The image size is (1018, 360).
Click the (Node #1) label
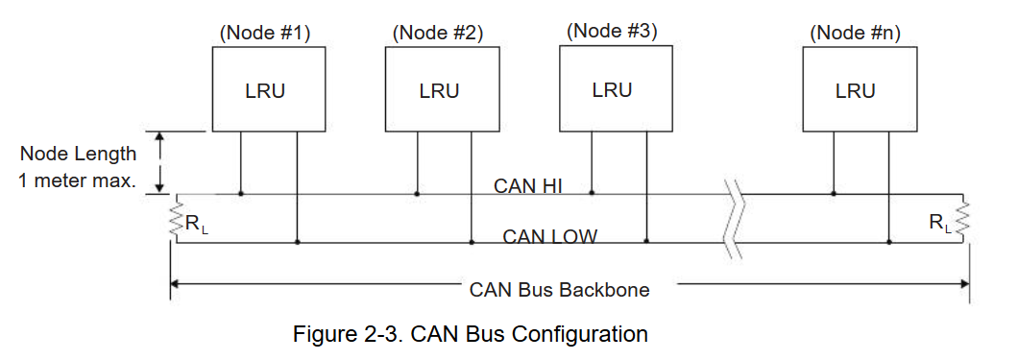(265, 33)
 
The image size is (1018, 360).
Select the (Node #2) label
(437, 33)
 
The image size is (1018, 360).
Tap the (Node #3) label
(612, 30)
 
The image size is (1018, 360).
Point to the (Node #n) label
(855, 33)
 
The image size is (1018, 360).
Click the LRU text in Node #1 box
(265, 91)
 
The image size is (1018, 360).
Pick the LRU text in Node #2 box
(439, 91)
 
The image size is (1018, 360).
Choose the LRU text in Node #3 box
(612, 90)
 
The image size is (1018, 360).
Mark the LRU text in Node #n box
(855, 91)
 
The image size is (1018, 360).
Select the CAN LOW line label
(549, 235)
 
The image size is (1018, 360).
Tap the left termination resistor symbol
(176, 220)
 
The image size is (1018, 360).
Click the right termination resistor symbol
(967, 220)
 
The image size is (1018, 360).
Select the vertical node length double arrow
(161, 162)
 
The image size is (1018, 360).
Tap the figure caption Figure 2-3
(470, 335)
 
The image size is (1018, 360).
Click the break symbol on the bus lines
(735, 219)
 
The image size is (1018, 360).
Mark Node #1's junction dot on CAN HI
(240, 194)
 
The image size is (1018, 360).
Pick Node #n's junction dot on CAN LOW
(889, 243)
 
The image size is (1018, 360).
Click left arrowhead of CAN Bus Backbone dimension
(176, 284)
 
